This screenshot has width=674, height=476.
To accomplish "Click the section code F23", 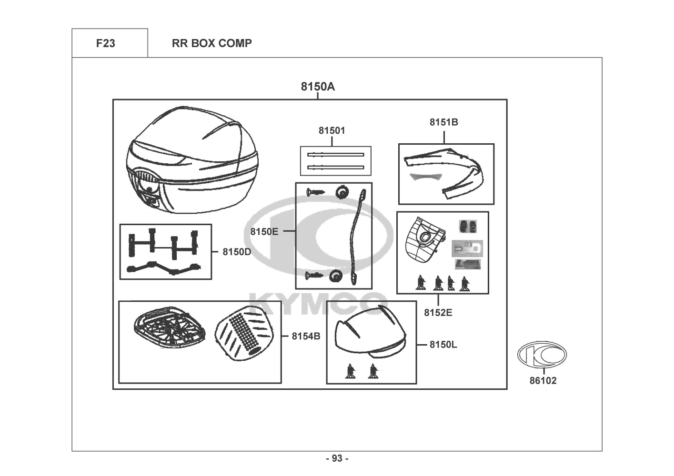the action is pos(105,43).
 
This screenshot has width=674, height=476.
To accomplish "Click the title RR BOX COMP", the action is pos(211,43).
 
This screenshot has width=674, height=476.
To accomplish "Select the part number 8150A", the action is pos(318,87).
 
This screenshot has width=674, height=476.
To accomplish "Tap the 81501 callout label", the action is pos(332,130).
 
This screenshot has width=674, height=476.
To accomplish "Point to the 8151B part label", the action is pos(443,122).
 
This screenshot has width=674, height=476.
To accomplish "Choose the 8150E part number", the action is pos(264,231).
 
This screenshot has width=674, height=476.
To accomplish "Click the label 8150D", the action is pos(237,252).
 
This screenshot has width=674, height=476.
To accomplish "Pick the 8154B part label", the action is pos(306,336).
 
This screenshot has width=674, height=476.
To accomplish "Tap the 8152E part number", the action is pos(438,312).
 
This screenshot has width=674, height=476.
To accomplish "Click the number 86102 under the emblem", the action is pos(543,380).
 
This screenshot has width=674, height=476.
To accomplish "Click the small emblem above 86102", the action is pos(542,354).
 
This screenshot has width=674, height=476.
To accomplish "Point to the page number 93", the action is pos(337,458).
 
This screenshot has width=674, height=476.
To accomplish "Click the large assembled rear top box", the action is pos(192,159).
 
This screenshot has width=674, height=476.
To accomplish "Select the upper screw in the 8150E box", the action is pos(315,191).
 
